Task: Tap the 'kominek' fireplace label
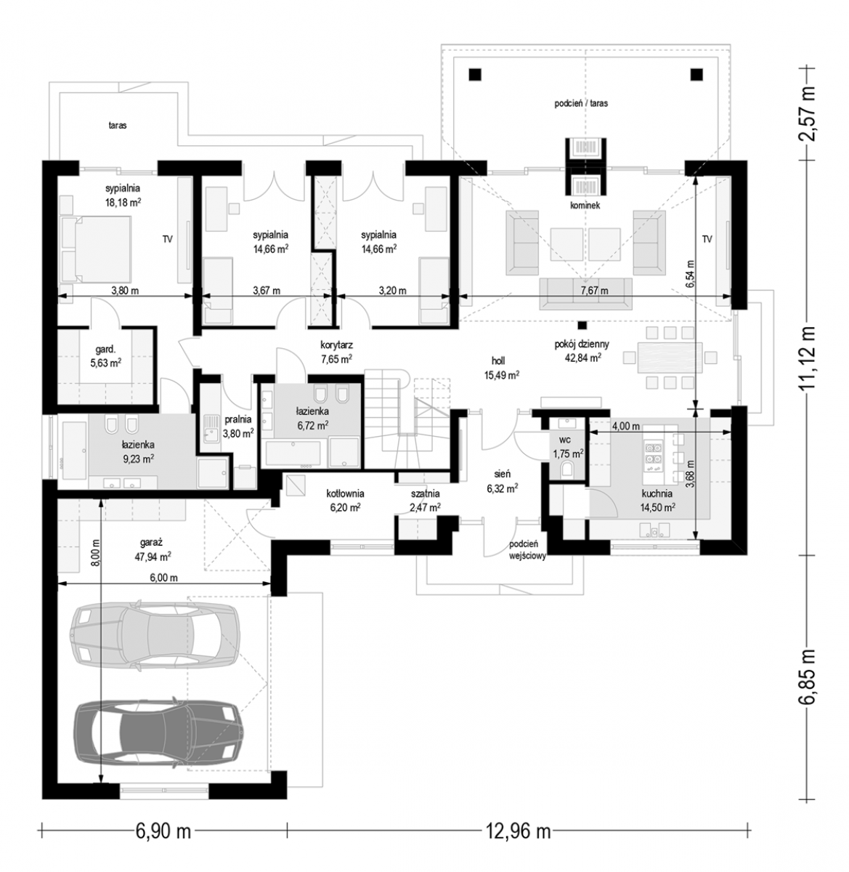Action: point(585,206)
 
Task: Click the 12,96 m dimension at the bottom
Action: point(518,832)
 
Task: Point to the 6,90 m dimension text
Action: point(163,832)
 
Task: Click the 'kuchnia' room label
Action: point(657,494)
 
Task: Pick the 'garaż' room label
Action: point(151,543)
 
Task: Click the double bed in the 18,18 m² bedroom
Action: point(96,249)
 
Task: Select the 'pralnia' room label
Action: point(237,419)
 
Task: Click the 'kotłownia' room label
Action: point(345,494)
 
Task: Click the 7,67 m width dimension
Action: point(594,291)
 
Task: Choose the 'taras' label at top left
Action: point(118,126)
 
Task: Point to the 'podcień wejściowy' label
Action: point(527,551)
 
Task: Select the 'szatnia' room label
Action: point(425,494)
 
